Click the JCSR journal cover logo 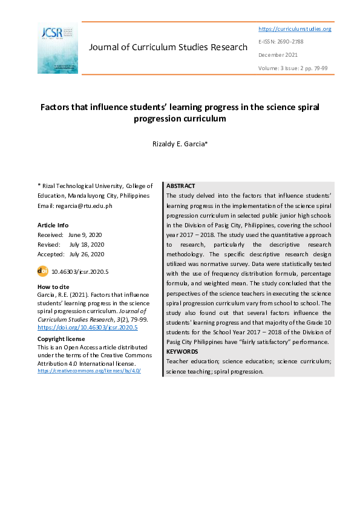click(x=57, y=48)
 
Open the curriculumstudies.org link click(x=295, y=29)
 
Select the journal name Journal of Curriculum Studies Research click(x=168, y=47)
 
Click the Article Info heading click(x=53, y=225)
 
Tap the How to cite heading click(x=53, y=287)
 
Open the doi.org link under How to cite click(x=88, y=327)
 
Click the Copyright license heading click(x=61, y=339)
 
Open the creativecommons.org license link click(x=89, y=371)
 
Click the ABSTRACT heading click(x=180, y=186)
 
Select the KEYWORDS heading click(x=182, y=351)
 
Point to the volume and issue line click(x=293, y=68)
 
